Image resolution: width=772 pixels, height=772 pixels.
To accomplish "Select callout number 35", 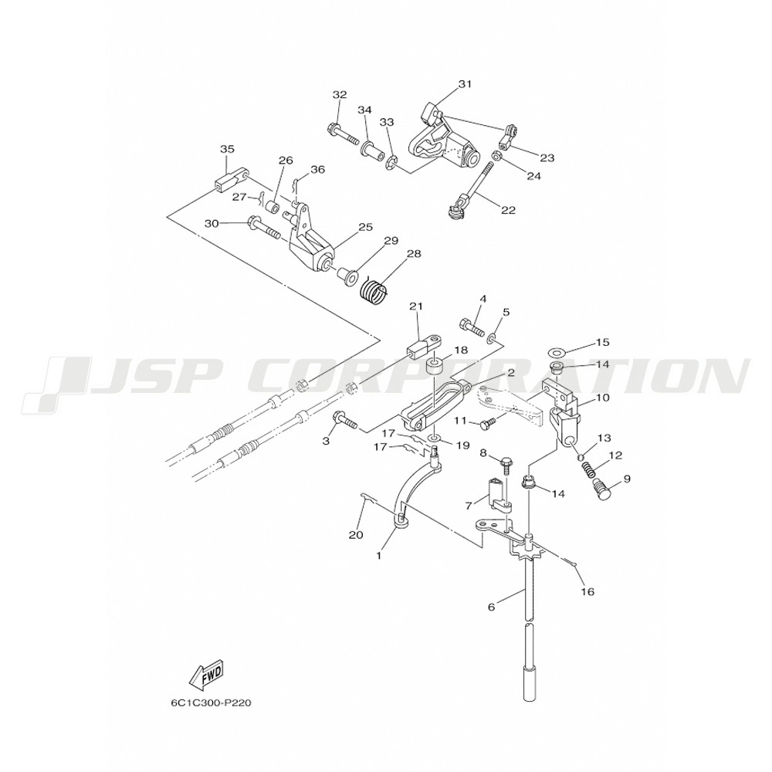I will pos(227,149).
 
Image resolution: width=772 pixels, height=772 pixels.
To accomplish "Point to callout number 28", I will pos(414,254).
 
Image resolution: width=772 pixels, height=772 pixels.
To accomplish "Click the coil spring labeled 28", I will pos(375,293).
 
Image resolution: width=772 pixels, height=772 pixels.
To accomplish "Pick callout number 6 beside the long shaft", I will pos(491,608).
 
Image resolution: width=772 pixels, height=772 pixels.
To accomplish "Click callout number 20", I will pos(356,535).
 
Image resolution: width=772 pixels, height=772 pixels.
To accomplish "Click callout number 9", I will pos(626,479).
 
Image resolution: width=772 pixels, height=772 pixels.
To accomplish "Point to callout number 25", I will pos(364,227).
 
